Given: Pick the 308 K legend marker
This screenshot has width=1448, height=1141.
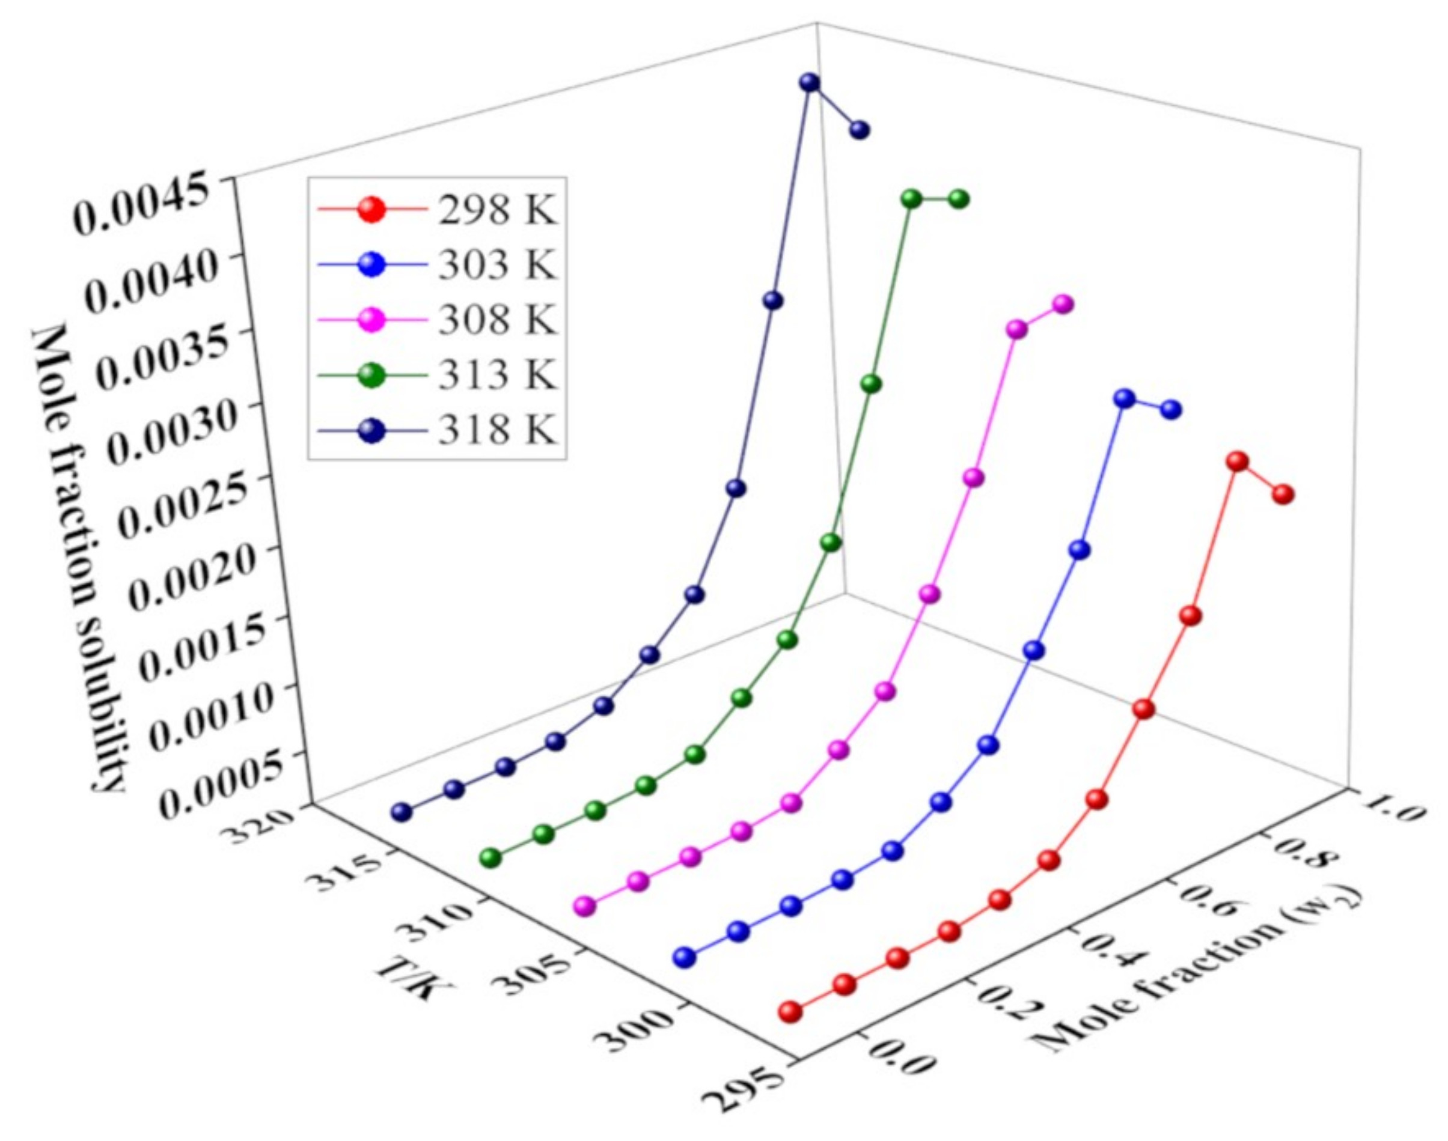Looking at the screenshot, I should tap(372, 321).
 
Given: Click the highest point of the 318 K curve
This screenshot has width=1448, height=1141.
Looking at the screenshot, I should tap(809, 83).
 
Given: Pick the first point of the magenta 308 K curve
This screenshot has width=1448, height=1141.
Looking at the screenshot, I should tap(585, 906).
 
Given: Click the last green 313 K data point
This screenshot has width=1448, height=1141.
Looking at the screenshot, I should tap(959, 199).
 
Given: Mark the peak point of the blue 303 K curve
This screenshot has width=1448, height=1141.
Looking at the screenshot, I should tap(1125, 399).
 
